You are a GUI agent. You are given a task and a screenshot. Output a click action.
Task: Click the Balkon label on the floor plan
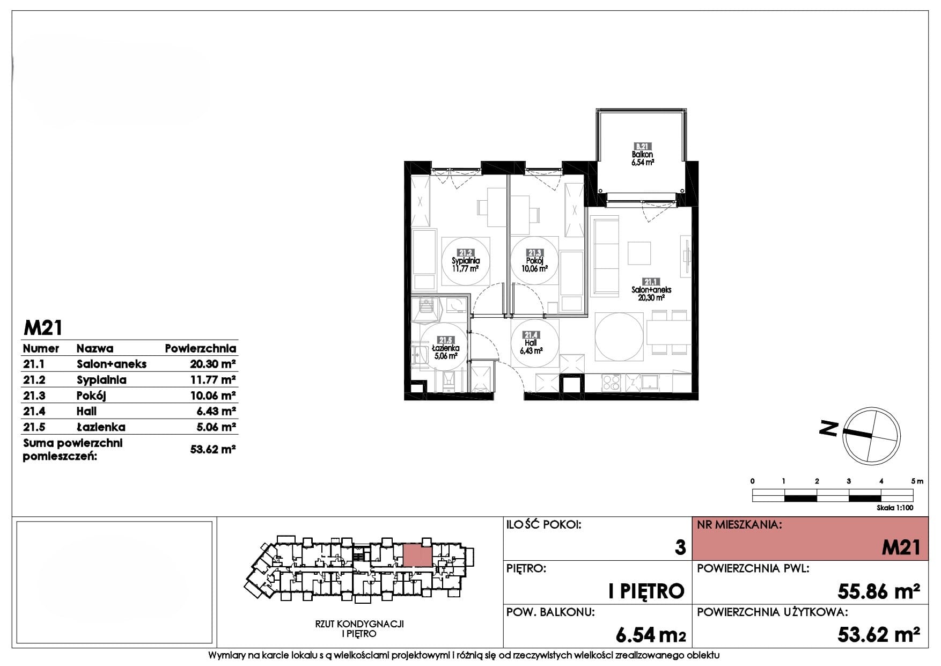pos(643,155)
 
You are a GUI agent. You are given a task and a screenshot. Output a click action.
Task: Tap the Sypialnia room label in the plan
pos(465,261)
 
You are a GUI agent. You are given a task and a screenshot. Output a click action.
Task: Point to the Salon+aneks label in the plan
pos(651,290)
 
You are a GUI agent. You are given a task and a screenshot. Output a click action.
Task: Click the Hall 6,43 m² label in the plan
pos(531,343)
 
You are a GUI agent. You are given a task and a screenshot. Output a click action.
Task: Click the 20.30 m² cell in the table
pos(213,364)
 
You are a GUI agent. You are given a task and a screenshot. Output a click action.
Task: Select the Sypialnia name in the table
pos(101,380)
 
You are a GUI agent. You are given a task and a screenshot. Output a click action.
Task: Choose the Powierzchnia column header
pos(201,348)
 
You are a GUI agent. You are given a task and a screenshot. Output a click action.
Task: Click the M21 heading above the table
pos(43,327)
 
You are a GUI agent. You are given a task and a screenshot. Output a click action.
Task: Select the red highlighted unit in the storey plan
pos(417,555)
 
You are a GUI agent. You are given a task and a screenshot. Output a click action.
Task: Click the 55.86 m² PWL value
pos(879,591)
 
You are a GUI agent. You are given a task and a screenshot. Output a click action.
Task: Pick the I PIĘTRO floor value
pos(646,591)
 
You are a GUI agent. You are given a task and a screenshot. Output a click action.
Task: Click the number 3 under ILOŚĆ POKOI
pos(680,547)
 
